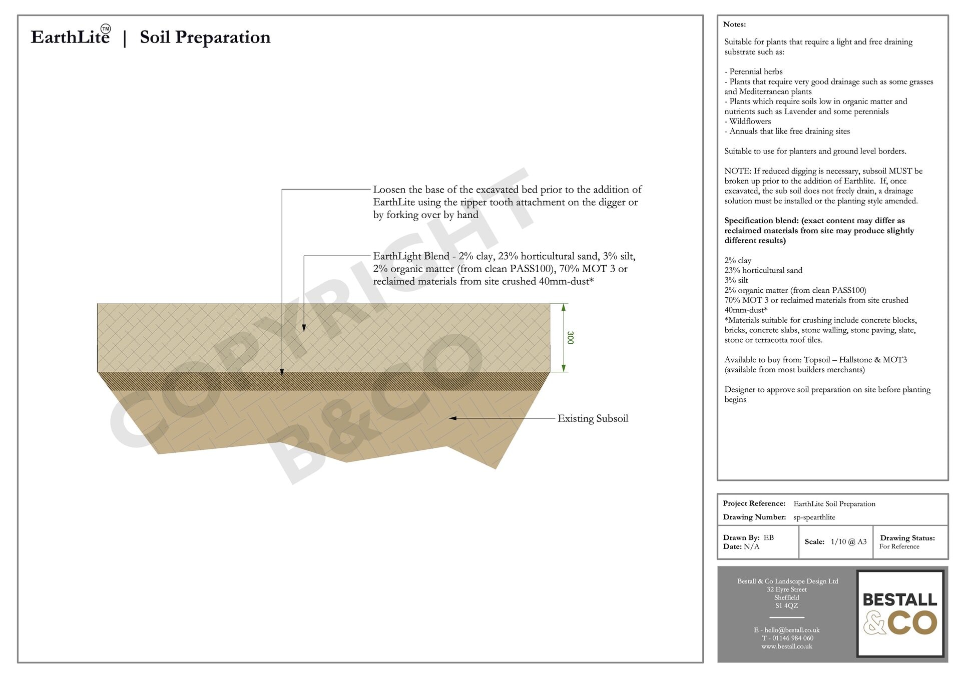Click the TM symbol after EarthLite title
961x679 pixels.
coord(106,29)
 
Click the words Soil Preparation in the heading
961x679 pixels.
coord(205,37)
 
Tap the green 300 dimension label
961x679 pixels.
coord(570,338)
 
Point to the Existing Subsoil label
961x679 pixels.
coord(593,419)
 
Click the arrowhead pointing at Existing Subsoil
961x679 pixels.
coord(452,418)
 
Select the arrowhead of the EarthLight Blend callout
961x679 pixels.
coord(304,328)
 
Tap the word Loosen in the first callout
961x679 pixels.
coord(389,190)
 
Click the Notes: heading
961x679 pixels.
coord(734,24)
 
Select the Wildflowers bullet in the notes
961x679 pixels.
coord(749,121)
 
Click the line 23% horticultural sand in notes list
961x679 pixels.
coord(763,270)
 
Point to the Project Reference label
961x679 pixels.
coord(754,503)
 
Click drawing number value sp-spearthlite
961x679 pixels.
coord(814,517)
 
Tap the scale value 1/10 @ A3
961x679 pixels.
coord(848,541)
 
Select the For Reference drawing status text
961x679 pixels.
coord(899,546)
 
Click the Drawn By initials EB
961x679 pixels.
coord(768,537)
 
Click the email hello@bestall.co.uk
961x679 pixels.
coord(791,630)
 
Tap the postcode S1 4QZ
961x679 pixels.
coord(786,605)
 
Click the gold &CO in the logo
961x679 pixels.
coord(900,623)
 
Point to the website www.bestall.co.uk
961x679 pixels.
coord(786,646)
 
